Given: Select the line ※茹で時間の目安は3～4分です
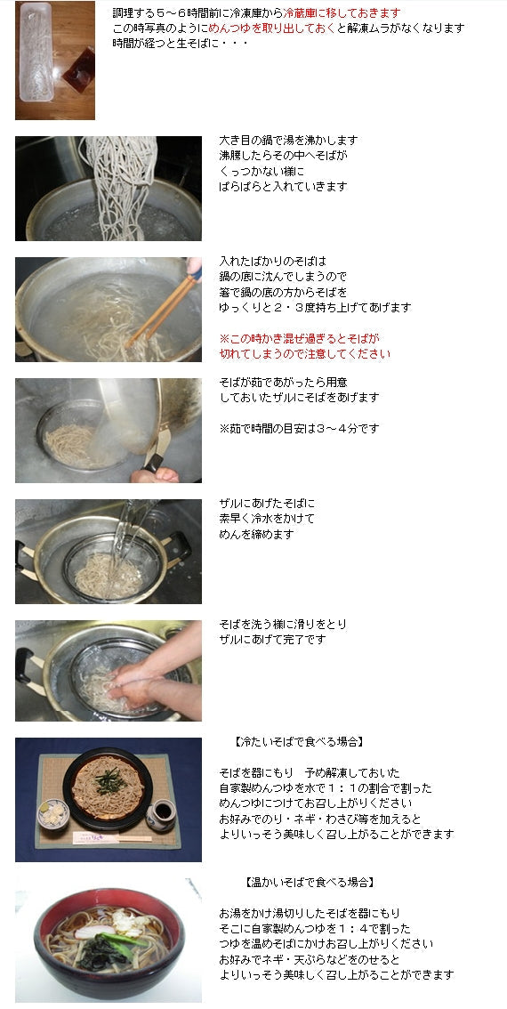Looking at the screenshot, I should [299, 428].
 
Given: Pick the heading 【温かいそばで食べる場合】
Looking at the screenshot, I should [308, 882].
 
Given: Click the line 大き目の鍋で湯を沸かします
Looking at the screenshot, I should [288, 141].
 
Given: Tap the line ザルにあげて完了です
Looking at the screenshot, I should [272, 640].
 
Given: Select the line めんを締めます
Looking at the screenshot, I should [256, 534].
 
